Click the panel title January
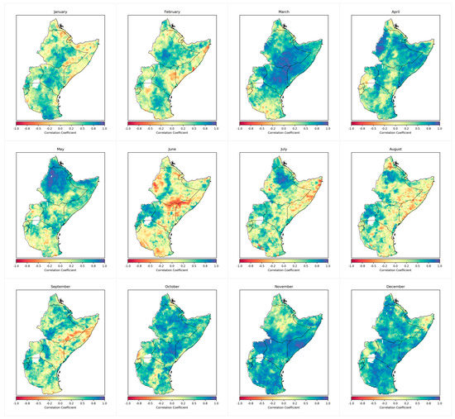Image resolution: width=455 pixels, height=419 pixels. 60,12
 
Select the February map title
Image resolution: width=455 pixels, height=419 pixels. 171,12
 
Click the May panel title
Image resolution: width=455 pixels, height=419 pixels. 60,148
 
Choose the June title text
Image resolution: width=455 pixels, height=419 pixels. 171,148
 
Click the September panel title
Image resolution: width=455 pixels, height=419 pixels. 60,284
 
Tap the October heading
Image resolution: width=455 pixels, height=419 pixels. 171,284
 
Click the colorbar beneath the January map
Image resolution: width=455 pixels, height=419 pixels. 60,122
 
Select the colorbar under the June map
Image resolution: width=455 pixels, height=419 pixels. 171,259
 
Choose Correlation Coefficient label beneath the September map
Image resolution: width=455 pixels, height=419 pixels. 60,405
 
